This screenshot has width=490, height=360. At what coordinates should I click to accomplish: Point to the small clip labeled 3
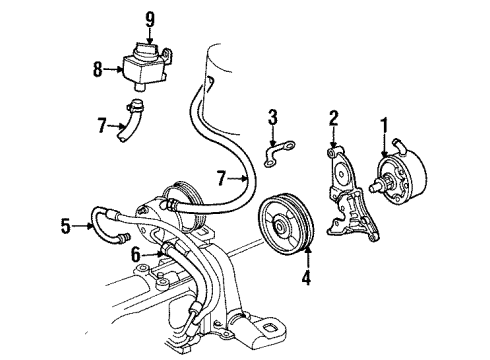[272, 153]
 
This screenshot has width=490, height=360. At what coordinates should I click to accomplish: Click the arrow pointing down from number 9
[149, 32]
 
